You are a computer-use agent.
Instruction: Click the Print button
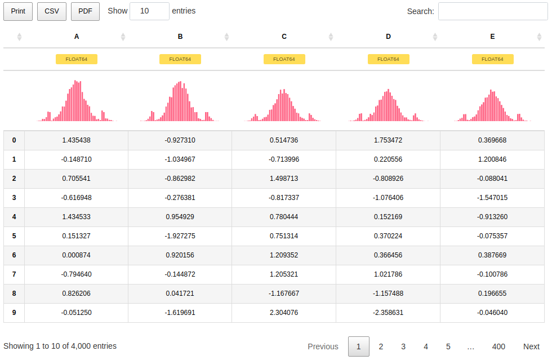click(x=18, y=11)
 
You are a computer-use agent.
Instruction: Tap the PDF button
click(x=85, y=11)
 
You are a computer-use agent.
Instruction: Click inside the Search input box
click(x=493, y=11)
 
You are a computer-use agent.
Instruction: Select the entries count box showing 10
click(x=149, y=11)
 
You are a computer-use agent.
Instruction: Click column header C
click(x=284, y=37)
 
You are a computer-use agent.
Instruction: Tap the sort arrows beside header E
click(x=539, y=37)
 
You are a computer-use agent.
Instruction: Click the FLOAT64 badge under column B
click(x=180, y=59)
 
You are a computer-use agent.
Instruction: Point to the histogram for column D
click(x=388, y=105)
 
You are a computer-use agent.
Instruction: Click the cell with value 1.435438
click(x=77, y=140)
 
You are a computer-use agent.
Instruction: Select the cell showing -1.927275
click(x=180, y=236)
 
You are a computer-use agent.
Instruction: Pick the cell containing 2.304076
click(x=284, y=313)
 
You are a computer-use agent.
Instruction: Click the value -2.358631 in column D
click(x=388, y=313)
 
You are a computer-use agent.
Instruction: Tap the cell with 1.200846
click(x=492, y=159)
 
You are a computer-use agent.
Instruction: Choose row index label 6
click(x=14, y=255)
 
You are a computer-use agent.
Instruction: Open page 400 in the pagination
click(x=498, y=346)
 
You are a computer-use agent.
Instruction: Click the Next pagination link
click(x=531, y=346)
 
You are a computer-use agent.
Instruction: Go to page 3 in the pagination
click(x=403, y=346)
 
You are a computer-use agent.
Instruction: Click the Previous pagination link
click(x=323, y=346)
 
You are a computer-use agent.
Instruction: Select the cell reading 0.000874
click(x=77, y=255)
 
